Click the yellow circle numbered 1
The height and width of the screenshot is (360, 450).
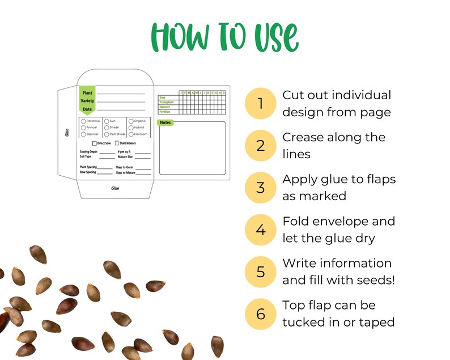(261, 104)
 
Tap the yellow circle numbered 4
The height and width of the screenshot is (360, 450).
(261, 230)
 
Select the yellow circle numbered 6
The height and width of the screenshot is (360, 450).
(261, 314)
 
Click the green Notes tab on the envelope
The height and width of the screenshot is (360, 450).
(165, 122)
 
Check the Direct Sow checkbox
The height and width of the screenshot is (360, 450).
(94, 143)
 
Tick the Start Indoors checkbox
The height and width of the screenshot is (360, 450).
(117, 143)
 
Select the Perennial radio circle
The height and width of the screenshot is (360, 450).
(83, 121)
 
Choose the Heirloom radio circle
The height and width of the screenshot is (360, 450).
(131, 134)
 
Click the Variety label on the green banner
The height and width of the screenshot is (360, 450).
(87, 101)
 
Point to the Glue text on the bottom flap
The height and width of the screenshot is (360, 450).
(115, 188)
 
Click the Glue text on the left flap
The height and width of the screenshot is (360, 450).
(67, 133)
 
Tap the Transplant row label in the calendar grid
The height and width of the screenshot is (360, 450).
(167, 102)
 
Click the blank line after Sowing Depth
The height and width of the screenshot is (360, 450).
(107, 153)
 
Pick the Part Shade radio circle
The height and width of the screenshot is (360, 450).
(107, 134)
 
